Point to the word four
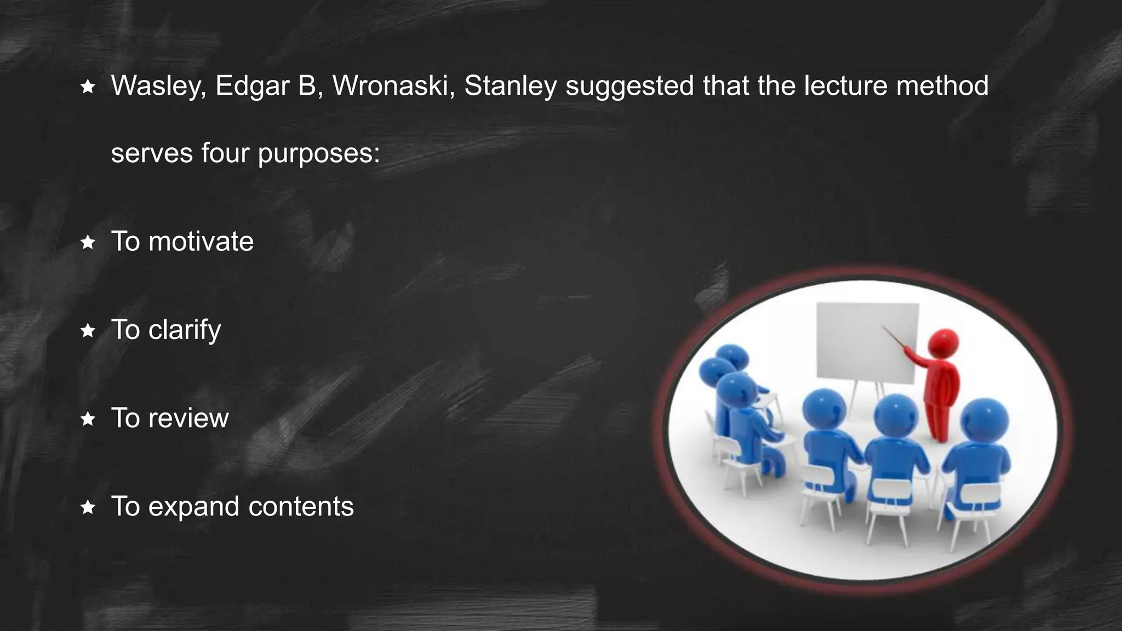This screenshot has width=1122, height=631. pos(225,153)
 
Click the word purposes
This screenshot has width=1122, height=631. pos(318,154)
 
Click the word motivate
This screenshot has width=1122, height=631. pos(201,242)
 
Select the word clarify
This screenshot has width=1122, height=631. pos(184,330)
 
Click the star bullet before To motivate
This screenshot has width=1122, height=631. pos(88,242)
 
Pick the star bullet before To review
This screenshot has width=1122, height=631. pos(88,420)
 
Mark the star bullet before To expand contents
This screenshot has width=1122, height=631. pos(88,508)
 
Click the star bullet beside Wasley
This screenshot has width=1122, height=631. pos(88,87)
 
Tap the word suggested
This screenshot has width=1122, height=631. pos(629,86)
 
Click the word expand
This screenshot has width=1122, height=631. pos(194,507)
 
